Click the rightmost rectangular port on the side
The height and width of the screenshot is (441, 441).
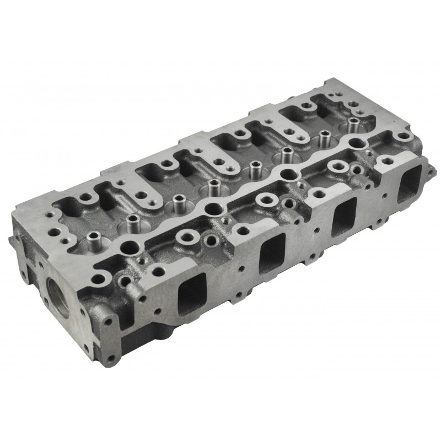coord(409,181)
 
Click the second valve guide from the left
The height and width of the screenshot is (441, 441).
coord(132,223)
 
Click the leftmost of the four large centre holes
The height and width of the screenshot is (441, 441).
coord(130,246)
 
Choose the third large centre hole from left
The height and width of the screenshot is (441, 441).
coord(288,174)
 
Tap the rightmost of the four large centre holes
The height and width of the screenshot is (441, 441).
coord(359,143)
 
